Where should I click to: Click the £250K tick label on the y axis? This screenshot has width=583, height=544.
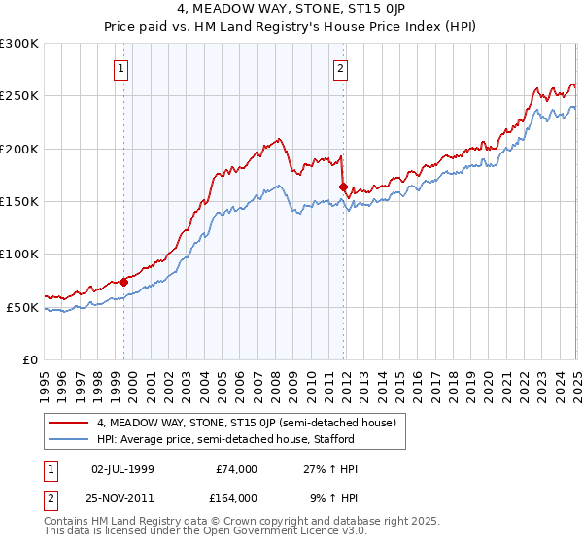(18, 96)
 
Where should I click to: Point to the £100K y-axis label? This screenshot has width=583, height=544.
(18, 255)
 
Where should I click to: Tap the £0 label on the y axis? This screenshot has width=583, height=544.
(30, 359)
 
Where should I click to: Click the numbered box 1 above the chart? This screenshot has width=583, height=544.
(121, 68)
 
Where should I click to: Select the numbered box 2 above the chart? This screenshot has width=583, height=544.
(341, 68)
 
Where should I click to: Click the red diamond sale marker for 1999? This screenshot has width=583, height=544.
(124, 282)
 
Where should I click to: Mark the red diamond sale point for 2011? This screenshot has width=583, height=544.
(343, 187)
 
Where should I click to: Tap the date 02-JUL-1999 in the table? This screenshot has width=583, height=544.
(121, 469)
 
